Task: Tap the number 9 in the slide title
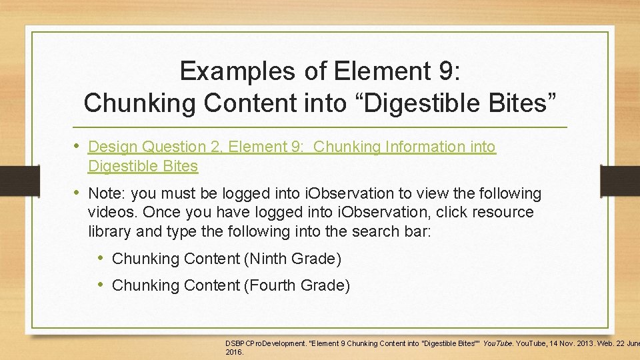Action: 460,71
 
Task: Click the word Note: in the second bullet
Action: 107,194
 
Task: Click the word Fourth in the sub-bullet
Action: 271,285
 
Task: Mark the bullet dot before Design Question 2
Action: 77,145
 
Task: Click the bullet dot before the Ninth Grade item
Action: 101,257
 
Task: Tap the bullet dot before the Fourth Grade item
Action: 101,285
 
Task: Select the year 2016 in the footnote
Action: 235,351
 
